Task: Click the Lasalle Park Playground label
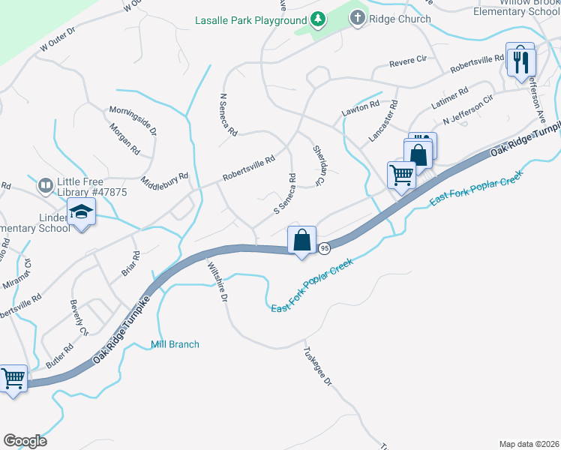[250, 19]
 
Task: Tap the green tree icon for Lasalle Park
[318, 19]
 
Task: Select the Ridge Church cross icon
[358, 19]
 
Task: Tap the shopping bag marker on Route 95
[301, 241]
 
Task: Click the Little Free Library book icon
[46, 184]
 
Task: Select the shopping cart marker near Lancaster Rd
[402, 175]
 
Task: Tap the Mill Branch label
[175, 344]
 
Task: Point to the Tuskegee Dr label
[316, 365]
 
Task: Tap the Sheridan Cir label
[319, 166]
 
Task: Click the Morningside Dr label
[133, 119]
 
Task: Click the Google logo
[25, 441]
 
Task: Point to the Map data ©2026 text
[529, 443]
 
